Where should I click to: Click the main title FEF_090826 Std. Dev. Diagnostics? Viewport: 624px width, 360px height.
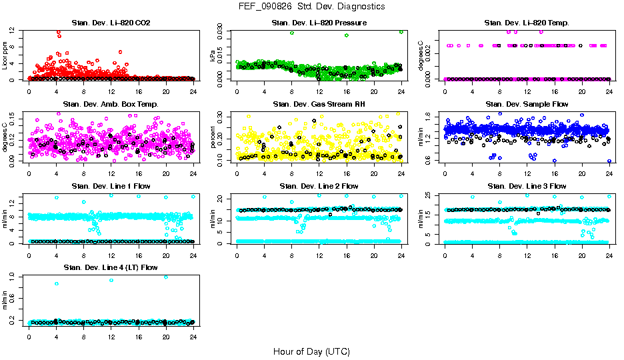click(x=311, y=7)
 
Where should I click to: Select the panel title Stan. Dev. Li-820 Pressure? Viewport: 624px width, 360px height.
click(x=319, y=23)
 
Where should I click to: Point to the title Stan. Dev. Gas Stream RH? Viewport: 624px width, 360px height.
click(x=319, y=105)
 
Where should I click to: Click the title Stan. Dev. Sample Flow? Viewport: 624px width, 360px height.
click(x=527, y=105)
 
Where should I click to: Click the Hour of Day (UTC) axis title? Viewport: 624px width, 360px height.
click(x=311, y=351)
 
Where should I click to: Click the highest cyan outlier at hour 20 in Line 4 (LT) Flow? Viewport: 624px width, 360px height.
click(x=166, y=277)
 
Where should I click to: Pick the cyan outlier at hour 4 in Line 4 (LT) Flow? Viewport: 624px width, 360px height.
click(x=57, y=283)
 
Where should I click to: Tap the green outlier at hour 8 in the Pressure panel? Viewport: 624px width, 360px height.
click(x=292, y=33)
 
